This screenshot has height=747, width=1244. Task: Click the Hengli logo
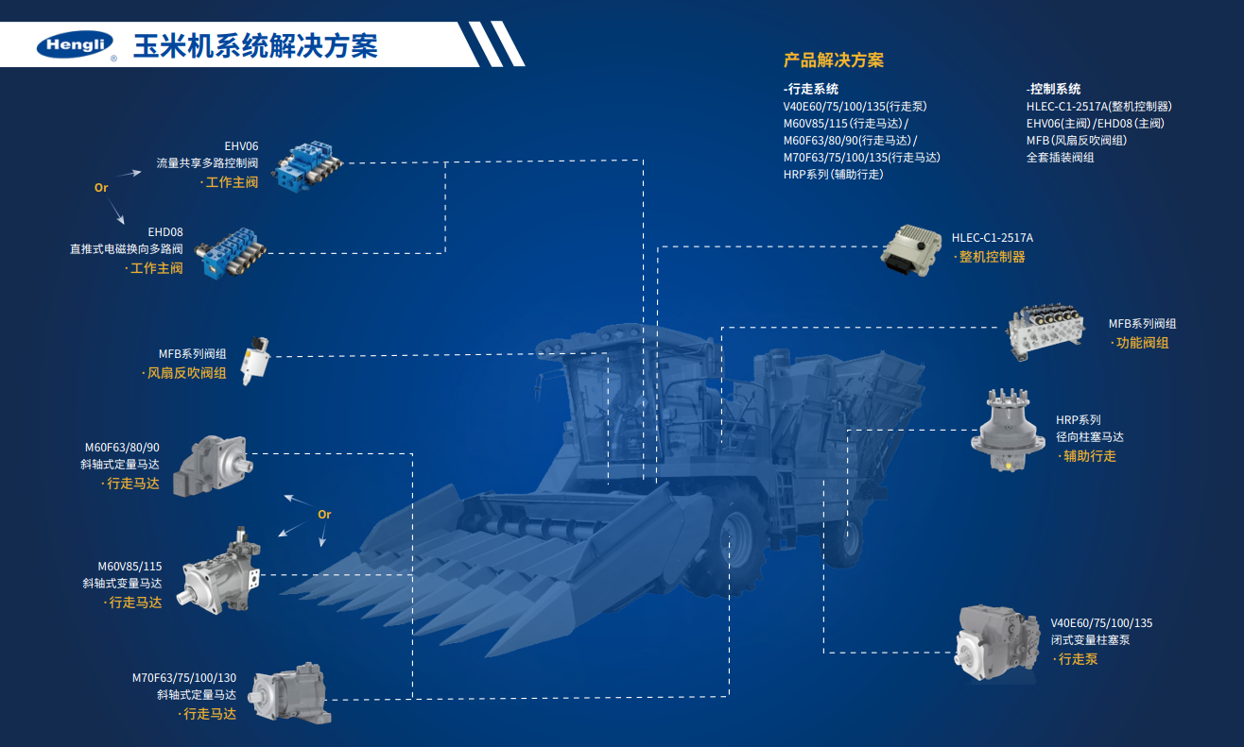tap(74, 44)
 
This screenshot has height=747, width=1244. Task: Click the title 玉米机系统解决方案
tap(255, 45)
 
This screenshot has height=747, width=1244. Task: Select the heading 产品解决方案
tap(834, 60)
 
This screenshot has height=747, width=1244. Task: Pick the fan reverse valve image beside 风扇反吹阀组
tap(255, 359)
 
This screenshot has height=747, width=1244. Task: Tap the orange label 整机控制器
tap(992, 257)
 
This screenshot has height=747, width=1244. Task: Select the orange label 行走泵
tap(1078, 659)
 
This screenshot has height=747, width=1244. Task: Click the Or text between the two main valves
tap(101, 188)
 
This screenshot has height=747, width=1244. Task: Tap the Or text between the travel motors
tap(324, 515)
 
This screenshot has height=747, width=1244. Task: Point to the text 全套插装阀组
tap(1061, 158)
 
